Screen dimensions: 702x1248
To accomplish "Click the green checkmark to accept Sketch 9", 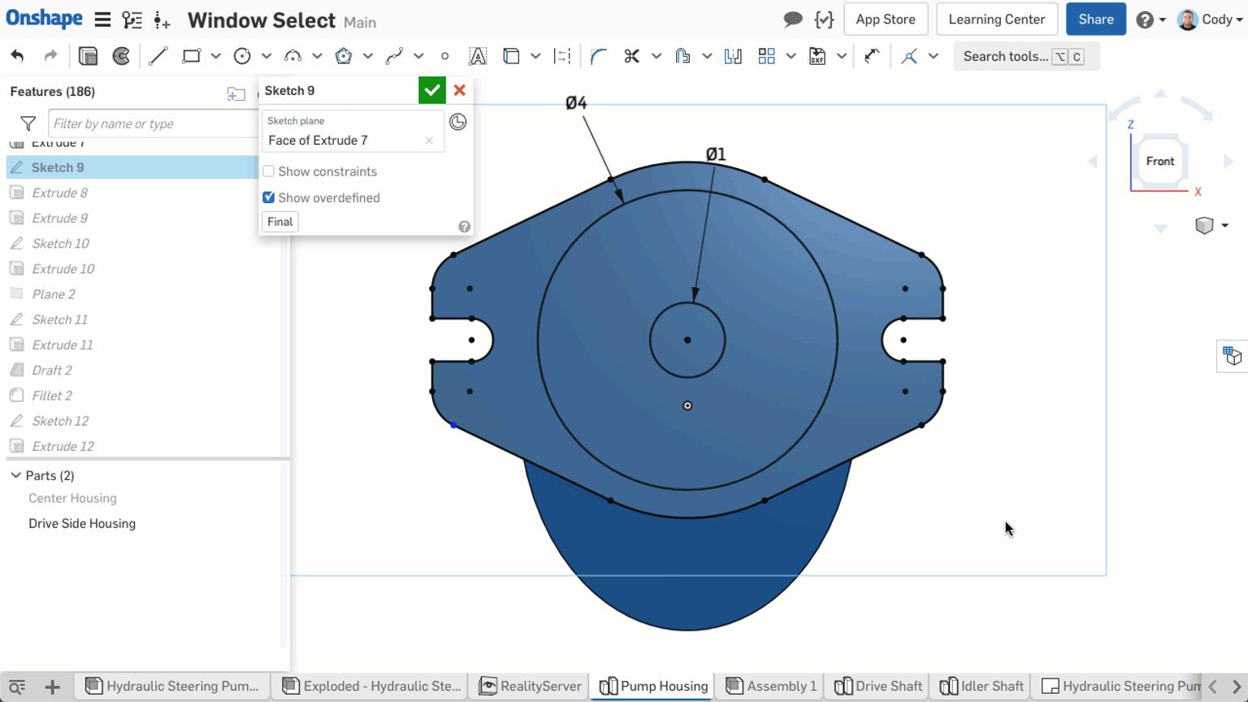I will pos(431,90).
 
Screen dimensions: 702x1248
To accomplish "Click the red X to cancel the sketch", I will pos(460,90).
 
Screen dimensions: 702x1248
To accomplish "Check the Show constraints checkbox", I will pos(269,171).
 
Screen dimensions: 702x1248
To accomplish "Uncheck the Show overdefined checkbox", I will pos(269,197).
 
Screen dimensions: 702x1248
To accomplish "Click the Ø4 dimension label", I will pos(576,103).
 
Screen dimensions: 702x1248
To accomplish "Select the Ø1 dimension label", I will pos(716,154).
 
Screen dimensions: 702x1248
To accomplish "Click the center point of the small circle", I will pos(687,340).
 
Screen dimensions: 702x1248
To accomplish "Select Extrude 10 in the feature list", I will pos(63,269).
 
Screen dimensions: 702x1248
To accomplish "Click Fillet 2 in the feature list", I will pos(52,396).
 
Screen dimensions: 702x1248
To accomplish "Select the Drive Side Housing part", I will pos(82,524).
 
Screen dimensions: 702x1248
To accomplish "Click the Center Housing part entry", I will pos(72,499).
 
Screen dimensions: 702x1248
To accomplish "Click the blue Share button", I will pos(1095,19).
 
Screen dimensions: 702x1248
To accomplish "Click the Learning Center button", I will pos(996,19).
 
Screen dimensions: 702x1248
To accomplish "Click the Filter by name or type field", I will pos(150,123).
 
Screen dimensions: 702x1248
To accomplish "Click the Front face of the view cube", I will pos(1159,162).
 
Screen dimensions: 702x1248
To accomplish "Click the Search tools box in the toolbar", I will pos(1006,57).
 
